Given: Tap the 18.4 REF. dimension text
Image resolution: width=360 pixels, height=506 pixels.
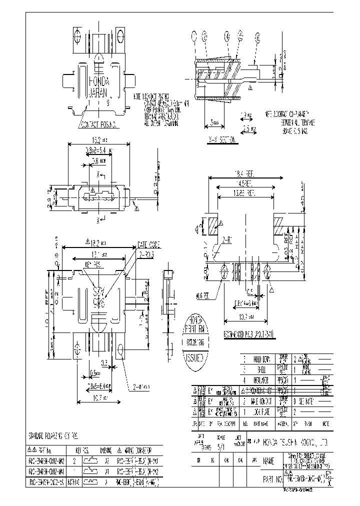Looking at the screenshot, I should coord(244,173).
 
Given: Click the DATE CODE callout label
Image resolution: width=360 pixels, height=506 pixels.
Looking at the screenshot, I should coord(148,245).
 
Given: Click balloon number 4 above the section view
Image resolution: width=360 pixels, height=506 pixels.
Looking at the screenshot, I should coord(227,36).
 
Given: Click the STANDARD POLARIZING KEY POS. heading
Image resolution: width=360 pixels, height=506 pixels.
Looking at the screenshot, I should coord(54,436).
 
